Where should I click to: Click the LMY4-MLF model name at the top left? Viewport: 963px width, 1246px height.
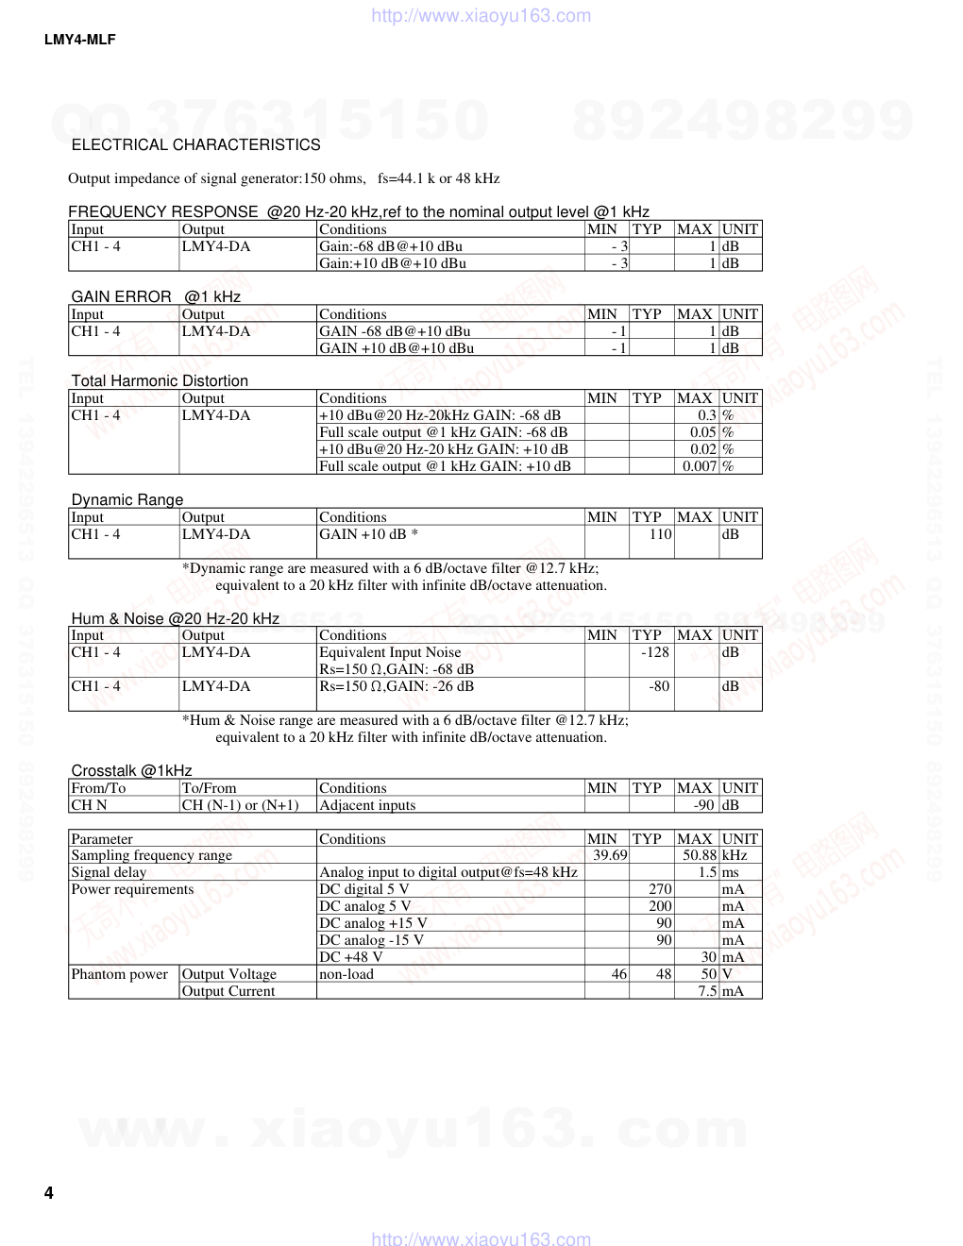tap(79, 40)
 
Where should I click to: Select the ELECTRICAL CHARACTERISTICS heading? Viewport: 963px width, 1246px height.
tap(195, 144)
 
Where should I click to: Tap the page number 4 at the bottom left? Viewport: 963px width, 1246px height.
tap(48, 1193)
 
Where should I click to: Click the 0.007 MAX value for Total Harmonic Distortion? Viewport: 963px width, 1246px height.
tap(700, 466)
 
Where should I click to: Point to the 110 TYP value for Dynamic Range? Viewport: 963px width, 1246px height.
tap(660, 534)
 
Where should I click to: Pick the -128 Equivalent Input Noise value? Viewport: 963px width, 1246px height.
tap(654, 652)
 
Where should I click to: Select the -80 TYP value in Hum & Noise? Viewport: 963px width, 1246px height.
tap(659, 686)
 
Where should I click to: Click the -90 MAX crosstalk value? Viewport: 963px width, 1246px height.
tap(703, 805)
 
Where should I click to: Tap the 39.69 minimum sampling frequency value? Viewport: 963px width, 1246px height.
tap(610, 855)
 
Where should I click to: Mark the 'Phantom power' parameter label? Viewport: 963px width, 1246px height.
tap(119, 974)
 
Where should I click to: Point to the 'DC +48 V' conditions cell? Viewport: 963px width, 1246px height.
tap(351, 957)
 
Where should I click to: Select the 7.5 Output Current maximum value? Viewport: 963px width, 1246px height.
tap(707, 991)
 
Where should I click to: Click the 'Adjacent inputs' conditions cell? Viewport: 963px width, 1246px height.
tap(367, 805)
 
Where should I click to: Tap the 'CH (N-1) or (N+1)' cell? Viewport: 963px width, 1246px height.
tap(240, 805)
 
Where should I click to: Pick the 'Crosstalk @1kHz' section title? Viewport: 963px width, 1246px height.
tap(131, 770)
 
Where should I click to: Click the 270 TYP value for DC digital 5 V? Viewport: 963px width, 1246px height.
tap(660, 889)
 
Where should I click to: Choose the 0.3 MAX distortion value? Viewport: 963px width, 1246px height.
tap(707, 415)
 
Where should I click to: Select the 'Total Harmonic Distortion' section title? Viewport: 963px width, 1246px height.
tap(160, 380)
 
